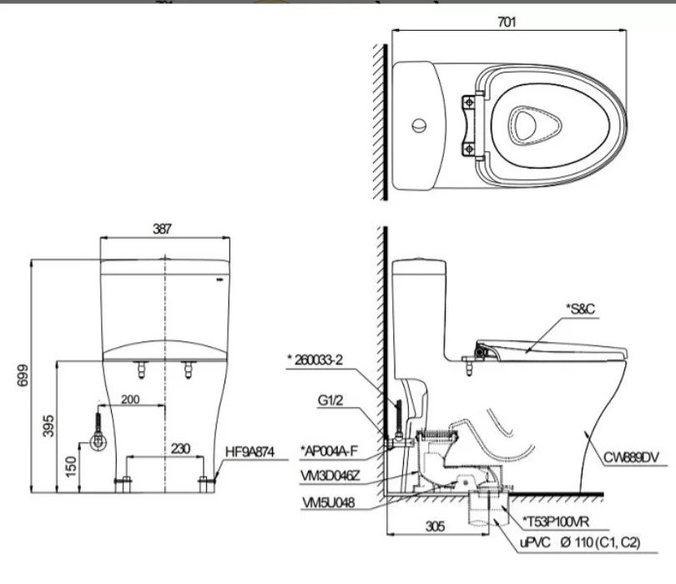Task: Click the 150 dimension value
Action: coord(72,461)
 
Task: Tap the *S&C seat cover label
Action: coord(582,309)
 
